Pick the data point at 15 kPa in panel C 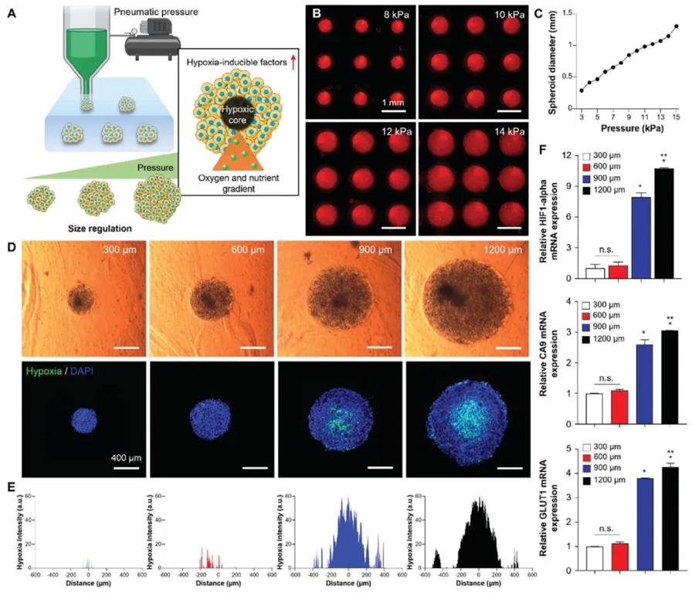coord(676,26)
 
